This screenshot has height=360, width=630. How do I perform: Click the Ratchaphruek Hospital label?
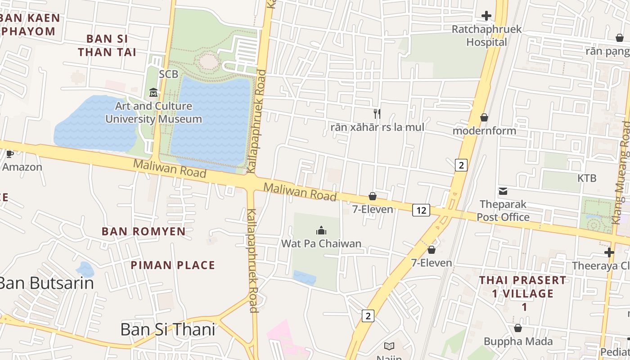point(486,36)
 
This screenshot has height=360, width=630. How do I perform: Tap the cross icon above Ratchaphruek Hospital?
point(486,16)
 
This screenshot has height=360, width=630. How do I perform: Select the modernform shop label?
point(484,131)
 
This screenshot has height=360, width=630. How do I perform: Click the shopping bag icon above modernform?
point(484,118)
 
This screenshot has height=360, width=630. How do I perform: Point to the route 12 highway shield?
point(421,210)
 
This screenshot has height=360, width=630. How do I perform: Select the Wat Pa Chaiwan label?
point(321,243)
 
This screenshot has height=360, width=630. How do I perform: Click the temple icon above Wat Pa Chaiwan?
point(321,231)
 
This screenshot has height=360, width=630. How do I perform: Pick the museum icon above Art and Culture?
point(153,93)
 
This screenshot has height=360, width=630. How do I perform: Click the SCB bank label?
point(169,74)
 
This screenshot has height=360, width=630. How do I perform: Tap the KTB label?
point(587,178)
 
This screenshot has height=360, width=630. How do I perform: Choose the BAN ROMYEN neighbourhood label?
point(144,231)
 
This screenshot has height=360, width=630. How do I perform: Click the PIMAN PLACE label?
point(173,265)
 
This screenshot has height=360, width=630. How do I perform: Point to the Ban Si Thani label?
point(167,329)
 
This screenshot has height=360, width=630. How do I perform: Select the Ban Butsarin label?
point(46,283)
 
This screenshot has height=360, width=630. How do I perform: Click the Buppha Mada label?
point(518,342)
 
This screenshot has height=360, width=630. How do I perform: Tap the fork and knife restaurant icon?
point(377,114)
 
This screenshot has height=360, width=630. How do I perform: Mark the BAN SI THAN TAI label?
point(107,45)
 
